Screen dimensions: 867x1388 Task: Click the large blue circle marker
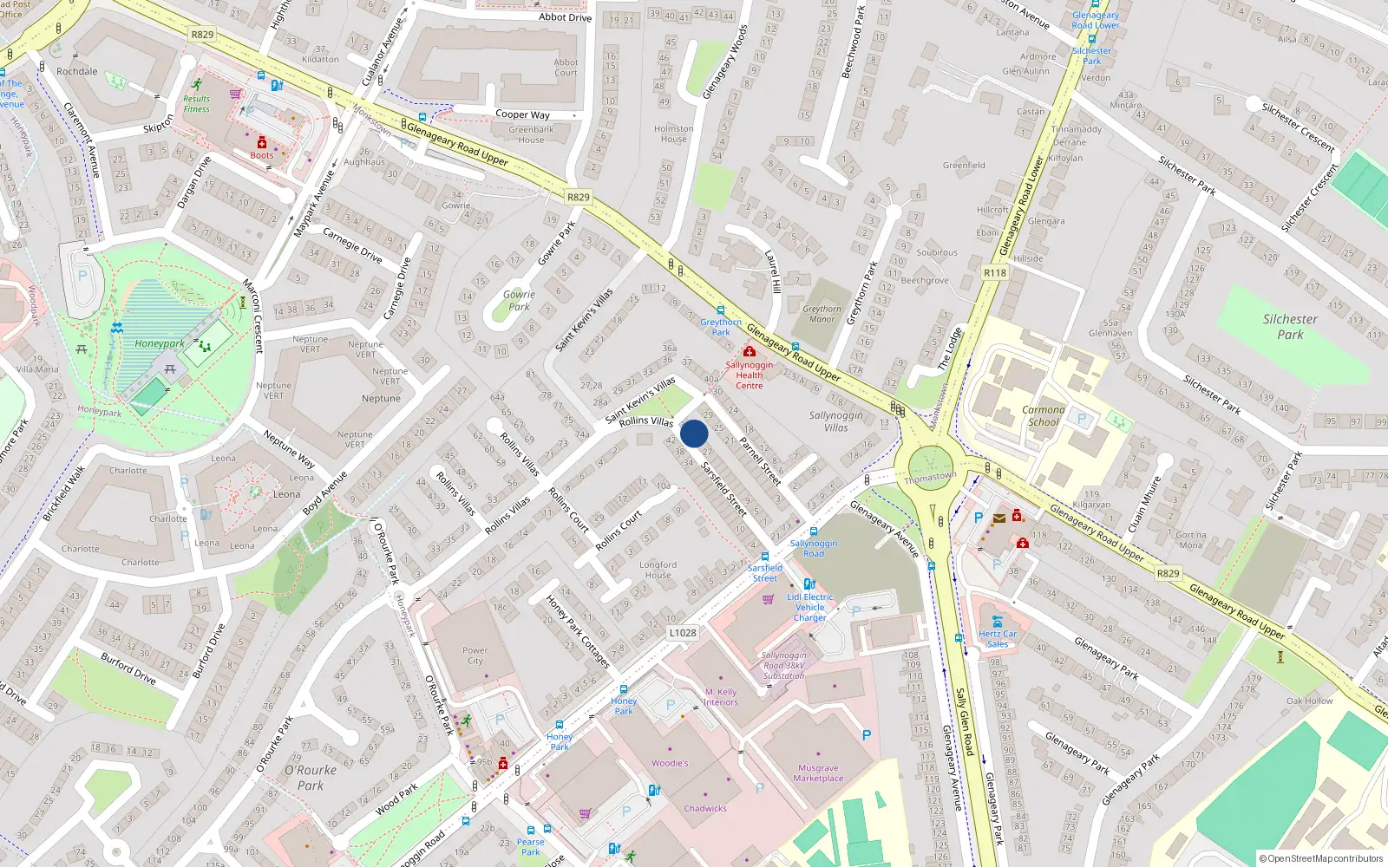click(694, 433)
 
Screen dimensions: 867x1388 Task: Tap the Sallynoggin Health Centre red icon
click(750, 352)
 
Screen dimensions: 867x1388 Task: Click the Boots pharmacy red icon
click(262, 143)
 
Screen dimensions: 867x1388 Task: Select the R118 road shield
click(995, 272)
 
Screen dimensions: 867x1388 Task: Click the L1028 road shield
click(683, 633)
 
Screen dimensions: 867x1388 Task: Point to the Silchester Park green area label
click(1290, 327)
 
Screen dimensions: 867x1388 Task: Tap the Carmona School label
click(1043, 416)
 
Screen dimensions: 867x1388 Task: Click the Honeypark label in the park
click(159, 343)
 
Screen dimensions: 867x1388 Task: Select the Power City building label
click(475, 655)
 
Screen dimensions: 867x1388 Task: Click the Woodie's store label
click(670, 764)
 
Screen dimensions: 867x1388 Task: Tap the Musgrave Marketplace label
click(818, 773)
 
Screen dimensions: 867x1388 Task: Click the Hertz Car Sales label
click(998, 639)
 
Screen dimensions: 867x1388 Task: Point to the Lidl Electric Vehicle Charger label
click(809, 607)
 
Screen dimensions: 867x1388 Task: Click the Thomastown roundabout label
click(930, 478)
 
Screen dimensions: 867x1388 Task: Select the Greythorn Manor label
click(822, 314)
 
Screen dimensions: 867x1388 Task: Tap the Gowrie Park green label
click(519, 300)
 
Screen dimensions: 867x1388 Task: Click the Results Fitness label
click(196, 104)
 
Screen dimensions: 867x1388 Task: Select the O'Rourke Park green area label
click(310, 778)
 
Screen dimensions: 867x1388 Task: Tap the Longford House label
click(658, 570)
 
